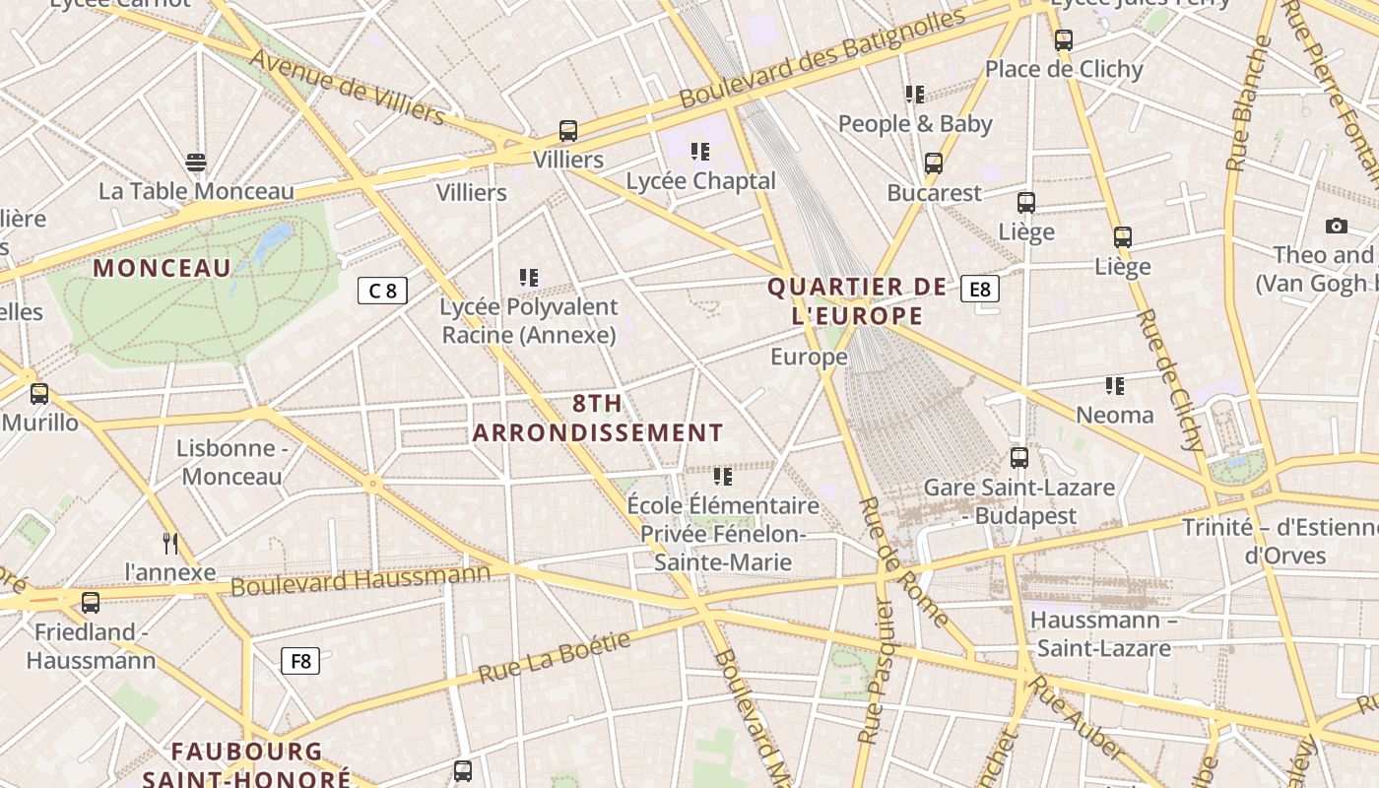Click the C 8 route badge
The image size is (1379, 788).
(x=382, y=291)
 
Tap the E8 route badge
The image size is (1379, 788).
(x=980, y=289)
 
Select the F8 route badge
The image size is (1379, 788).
(x=300, y=661)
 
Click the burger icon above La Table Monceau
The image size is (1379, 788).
(x=196, y=163)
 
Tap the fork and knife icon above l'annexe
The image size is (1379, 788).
(x=170, y=543)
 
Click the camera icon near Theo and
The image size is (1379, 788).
(x=1336, y=227)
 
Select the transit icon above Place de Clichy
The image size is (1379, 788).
(x=1063, y=40)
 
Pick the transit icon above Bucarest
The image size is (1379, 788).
(x=933, y=164)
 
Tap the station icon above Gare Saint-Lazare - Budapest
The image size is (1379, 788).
(x=1018, y=458)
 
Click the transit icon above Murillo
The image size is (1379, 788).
(x=39, y=394)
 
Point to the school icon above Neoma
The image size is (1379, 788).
(x=1114, y=386)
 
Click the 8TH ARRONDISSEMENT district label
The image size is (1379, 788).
(x=598, y=418)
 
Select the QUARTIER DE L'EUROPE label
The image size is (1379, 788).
(x=857, y=301)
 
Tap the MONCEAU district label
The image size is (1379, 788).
(x=163, y=267)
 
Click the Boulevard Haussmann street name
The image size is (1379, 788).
(x=361, y=580)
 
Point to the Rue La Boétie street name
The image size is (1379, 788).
(x=554, y=659)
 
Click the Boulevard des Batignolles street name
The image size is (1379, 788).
(x=822, y=59)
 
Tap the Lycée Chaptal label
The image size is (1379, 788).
(x=701, y=181)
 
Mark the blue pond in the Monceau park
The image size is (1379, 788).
(x=274, y=239)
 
